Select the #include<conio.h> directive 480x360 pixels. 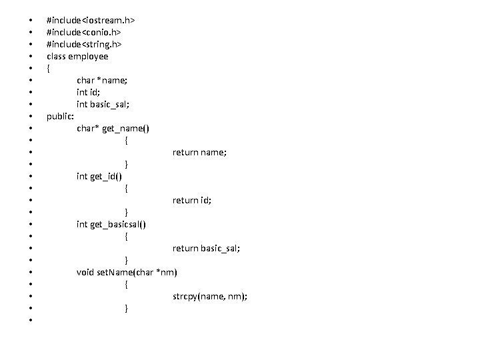click(83, 32)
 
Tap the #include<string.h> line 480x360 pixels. click(84, 44)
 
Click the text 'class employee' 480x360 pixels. click(77, 56)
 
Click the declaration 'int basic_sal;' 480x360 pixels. click(103, 104)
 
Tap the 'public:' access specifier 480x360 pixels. click(60, 116)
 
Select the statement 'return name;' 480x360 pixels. click(199, 152)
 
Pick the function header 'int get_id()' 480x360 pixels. click(103, 176)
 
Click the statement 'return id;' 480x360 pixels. click(192, 200)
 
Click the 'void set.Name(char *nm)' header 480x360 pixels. click(127, 272)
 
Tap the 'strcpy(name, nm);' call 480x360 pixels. click(209, 296)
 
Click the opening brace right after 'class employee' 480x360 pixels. click(49, 68)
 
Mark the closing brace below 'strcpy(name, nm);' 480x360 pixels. click(127, 308)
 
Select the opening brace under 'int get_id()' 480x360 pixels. click(127, 188)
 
